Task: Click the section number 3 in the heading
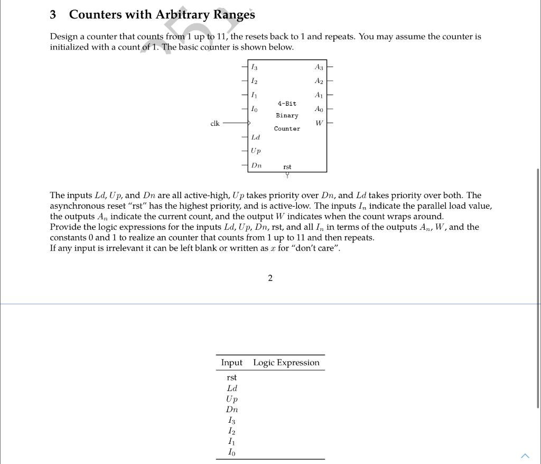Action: click(53, 15)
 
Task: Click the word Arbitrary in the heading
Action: click(182, 15)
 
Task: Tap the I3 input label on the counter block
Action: click(254, 67)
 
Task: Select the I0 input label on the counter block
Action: click(254, 109)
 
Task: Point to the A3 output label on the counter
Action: click(319, 67)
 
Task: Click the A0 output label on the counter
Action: click(319, 109)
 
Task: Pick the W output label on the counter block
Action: click(319, 123)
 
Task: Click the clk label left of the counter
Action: click(215, 124)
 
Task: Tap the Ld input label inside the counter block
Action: click(255, 137)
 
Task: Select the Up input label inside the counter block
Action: click(256, 151)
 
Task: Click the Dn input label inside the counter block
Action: click(256, 165)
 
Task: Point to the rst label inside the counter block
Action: click(287, 167)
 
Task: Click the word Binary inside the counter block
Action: click(287, 116)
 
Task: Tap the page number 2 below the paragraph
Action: click(270, 279)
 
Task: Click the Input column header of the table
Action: click(231, 363)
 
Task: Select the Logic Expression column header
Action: click(286, 363)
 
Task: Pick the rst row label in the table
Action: click(231, 377)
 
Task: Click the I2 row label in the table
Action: click(231, 431)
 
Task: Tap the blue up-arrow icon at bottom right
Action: click(525, 456)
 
